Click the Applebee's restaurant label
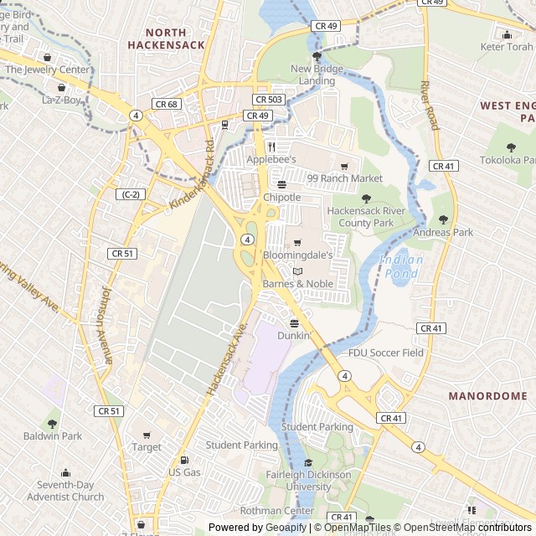click(x=271, y=159)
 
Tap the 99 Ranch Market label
click(x=344, y=178)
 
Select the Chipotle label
click(x=281, y=197)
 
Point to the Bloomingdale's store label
click(x=297, y=254)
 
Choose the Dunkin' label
click(x=294, y=335)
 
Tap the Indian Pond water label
click(x=401, y=266)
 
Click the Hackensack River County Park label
click(x=365, y=218)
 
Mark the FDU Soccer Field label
click(x=386, y=353)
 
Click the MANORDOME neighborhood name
click(x=487, y=395)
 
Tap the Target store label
click(x=147, y=447)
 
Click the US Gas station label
click(x=185, y=472)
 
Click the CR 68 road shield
click(x=166, y=103)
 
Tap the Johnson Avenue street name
click(x=106, y=325)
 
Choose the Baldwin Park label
click(x=53, y=435)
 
